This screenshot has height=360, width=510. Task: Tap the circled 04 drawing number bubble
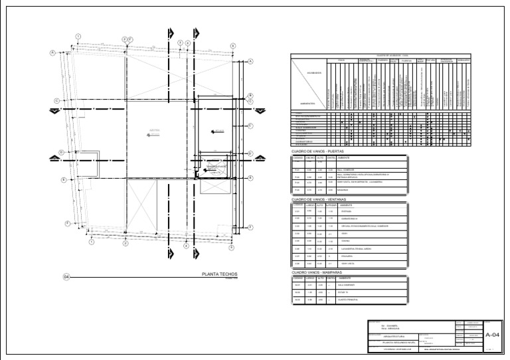66,276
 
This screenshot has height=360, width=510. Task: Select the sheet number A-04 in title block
493,334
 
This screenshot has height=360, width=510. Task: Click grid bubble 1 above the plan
78,36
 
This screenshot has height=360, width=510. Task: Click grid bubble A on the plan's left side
53,52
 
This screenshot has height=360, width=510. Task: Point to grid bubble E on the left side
64,179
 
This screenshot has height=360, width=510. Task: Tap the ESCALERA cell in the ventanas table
349,255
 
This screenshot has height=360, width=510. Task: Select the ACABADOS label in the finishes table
314,72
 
